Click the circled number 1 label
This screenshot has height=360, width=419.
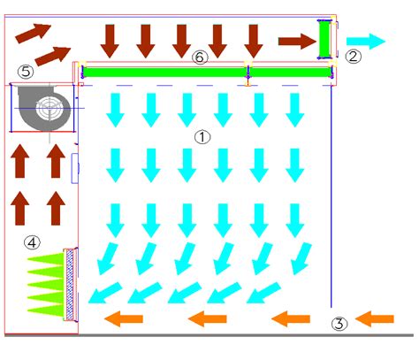point(202,137)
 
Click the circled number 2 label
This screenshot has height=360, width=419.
point(353,57)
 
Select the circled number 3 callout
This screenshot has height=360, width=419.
point(339,324)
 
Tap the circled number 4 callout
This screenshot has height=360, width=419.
point(32,242)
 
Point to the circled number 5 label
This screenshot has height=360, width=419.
point(26,72)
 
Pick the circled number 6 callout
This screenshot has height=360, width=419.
point(200,57)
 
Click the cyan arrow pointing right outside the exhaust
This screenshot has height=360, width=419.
point(366,42)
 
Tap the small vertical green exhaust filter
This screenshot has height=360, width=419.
point(324,40)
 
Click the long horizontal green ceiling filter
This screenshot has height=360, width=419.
point(207,73)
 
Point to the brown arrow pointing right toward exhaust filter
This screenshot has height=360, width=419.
point(297,42)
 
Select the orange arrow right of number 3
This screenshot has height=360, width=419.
point(375,318)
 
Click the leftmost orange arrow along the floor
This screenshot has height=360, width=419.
point(124,318)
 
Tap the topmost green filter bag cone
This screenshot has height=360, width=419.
point(46,258)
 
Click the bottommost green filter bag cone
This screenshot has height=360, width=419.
point(46,310)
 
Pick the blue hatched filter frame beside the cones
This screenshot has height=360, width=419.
point(70,285)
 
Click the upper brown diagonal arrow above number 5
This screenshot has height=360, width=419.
point(33,34)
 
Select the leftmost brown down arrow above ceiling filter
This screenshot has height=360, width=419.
point(110,42)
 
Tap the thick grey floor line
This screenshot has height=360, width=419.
point(209,335)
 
